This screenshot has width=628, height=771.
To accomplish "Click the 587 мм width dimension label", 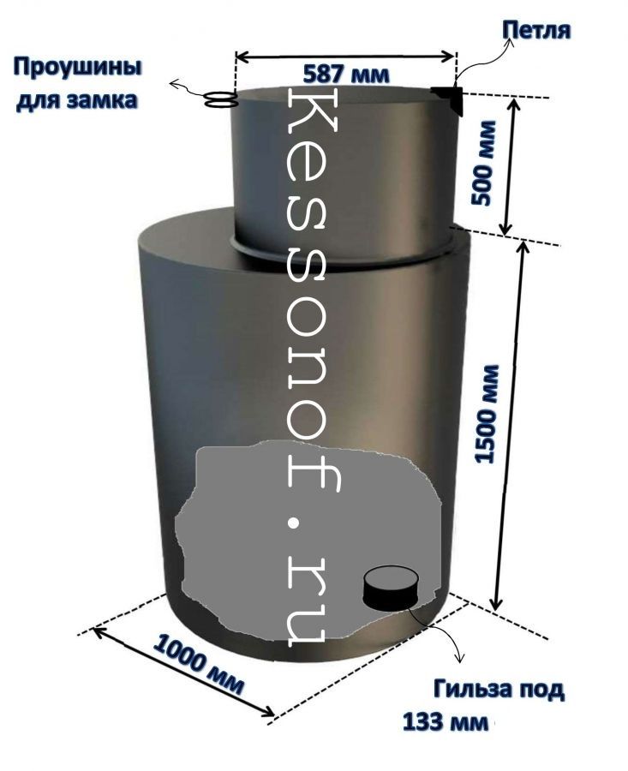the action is [346, 75].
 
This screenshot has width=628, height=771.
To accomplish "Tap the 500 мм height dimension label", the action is [482, 163].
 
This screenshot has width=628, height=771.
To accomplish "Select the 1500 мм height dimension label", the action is [487, 413].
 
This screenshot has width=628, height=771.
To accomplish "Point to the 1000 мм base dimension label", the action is [198, 665].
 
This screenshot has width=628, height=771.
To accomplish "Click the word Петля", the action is [536, 31].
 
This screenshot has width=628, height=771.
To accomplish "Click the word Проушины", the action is [78, 68].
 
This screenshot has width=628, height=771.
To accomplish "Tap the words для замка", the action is [77, 100].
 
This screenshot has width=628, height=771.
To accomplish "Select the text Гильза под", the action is [499, 690].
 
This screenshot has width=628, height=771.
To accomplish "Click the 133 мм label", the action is [446, 723].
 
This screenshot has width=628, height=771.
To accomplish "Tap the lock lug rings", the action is [220, 99].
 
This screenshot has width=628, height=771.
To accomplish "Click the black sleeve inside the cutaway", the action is [392, 589].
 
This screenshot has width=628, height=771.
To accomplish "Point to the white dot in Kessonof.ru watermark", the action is [294, 524].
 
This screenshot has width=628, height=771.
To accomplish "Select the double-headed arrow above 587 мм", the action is [345, 57].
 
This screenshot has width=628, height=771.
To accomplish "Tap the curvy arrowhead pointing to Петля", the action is [510, 43].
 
